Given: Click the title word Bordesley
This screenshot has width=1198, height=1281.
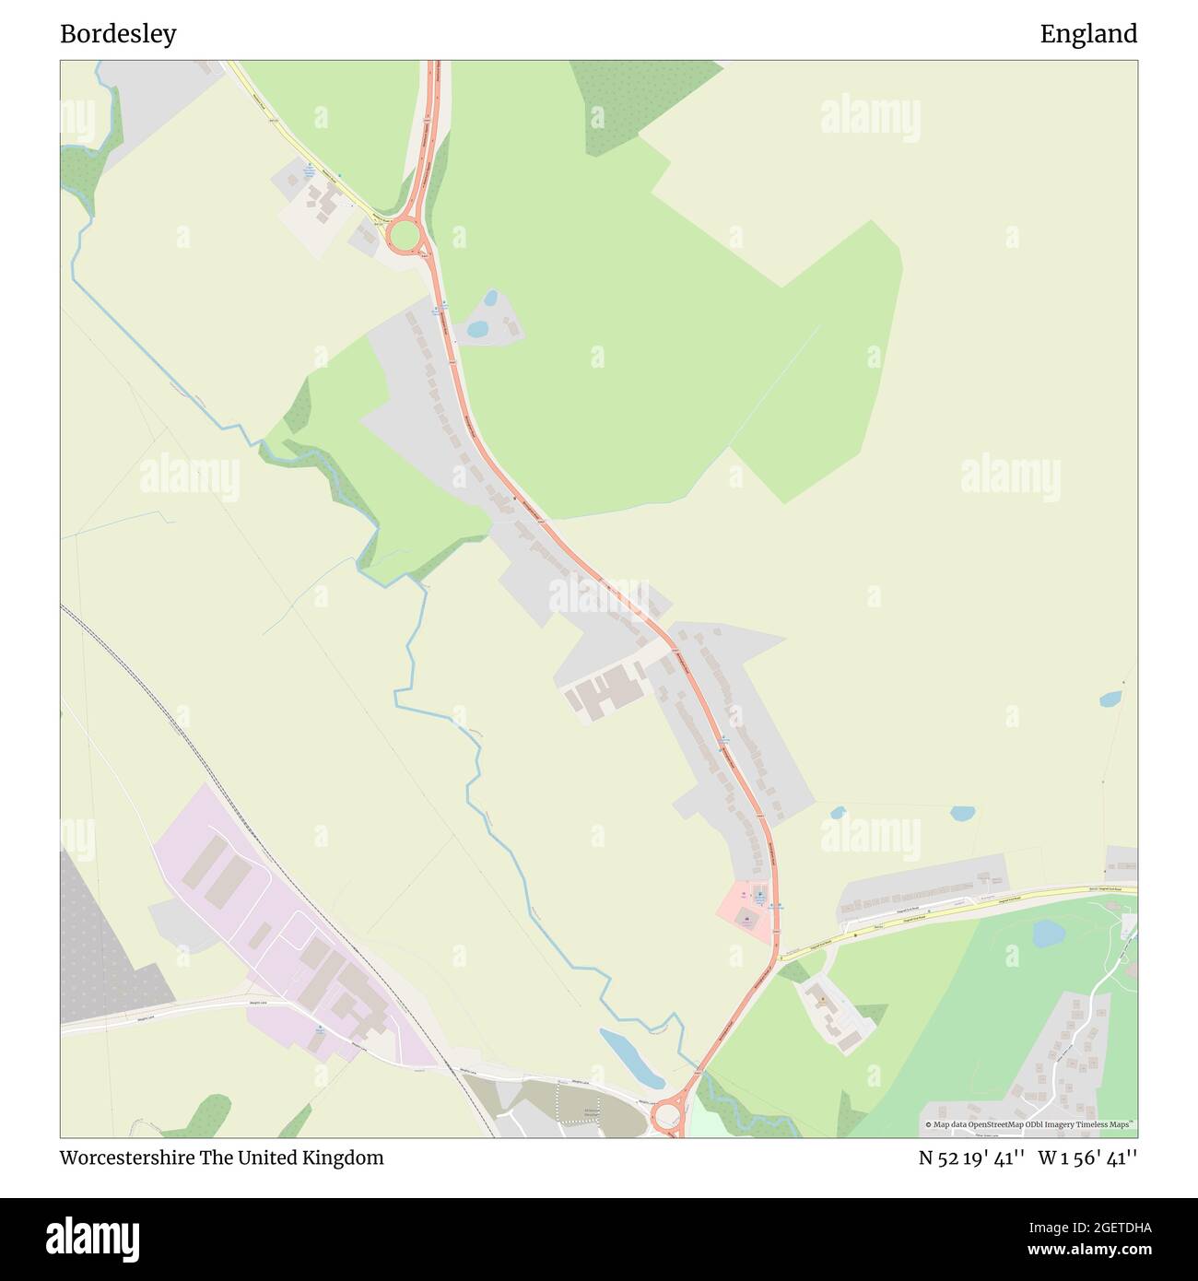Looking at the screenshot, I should click(x=118, y=34).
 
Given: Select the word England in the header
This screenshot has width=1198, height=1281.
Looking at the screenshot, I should click(x=1088, y=34).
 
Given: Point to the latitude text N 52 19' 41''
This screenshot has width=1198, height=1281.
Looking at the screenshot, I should click(x=971, y=1158).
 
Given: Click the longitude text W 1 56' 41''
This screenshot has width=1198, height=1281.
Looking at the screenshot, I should click(x=1087, y=1158).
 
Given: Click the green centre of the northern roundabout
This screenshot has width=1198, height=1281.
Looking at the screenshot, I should click(x=404, y=236).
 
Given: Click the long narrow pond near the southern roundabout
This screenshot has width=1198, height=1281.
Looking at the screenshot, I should click(x=631, y=1057).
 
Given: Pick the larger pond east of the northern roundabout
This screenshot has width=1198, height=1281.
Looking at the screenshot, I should click(x=477, y=328).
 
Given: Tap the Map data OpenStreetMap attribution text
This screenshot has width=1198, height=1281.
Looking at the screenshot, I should click(x=1029, y=1124).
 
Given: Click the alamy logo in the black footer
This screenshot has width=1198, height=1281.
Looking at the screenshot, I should click(x=93, y=1238).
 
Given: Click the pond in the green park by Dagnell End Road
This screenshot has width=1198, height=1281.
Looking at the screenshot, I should click(x=1048, y=934).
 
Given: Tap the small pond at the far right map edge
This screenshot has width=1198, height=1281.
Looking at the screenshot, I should click(x=1110, y=699).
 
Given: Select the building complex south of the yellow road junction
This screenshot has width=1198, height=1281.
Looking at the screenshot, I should click(x=831, y=1014).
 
